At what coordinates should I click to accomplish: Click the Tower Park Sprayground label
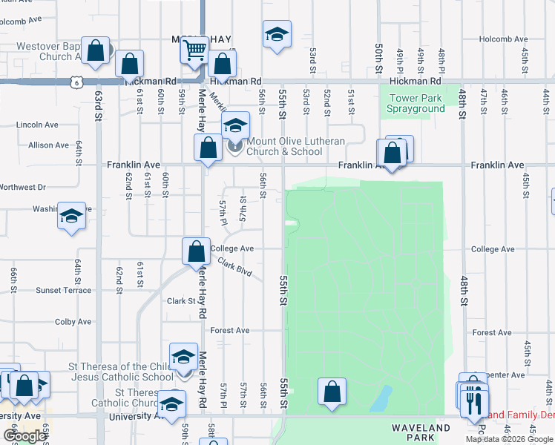416,103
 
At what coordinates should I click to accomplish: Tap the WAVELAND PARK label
421,433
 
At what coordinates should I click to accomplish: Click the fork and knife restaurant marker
473,402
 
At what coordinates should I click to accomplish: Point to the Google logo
24,436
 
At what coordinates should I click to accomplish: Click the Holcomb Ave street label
503,39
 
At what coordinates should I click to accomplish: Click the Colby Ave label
73,322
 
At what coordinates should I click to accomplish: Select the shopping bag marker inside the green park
332,392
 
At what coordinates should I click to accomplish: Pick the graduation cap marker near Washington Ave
71,216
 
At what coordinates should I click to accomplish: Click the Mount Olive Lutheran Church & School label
285,146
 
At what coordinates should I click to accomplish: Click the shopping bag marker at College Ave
197,251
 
